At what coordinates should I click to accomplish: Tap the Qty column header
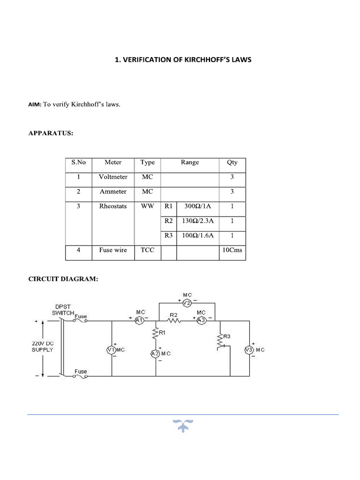pyautogui.click(x=232, y=163)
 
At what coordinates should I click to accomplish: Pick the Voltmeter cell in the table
pyautogui.click(x=113, y=177)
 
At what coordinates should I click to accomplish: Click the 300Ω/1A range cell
pyautogui.click(x=197, y=206)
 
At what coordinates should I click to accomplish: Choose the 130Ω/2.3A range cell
pyautogui.click(x=197, y=221)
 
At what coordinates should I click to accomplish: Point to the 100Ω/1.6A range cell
pyautogui.click(x=197, y=235)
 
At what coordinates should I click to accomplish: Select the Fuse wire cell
pyautogui.click(x=113, y=250)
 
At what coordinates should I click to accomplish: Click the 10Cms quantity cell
pyautogui.click(x=232, y=250)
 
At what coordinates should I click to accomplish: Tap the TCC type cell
pyautogui.click(x=147, y=250)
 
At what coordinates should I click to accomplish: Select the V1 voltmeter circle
pyautogui.click(x=112, y=350)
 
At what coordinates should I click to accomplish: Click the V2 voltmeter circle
pyautogui.click(x=187, y=303)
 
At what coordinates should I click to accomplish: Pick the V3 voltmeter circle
pyautogui.click(x=249, y=350)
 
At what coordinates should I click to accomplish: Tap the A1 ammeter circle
pyautogui.click(x=139, y=320)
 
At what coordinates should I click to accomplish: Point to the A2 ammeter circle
pyautogui.click(x=155, y=353)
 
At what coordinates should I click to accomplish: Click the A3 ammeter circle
pyautogui.click(x=201, y=320)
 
